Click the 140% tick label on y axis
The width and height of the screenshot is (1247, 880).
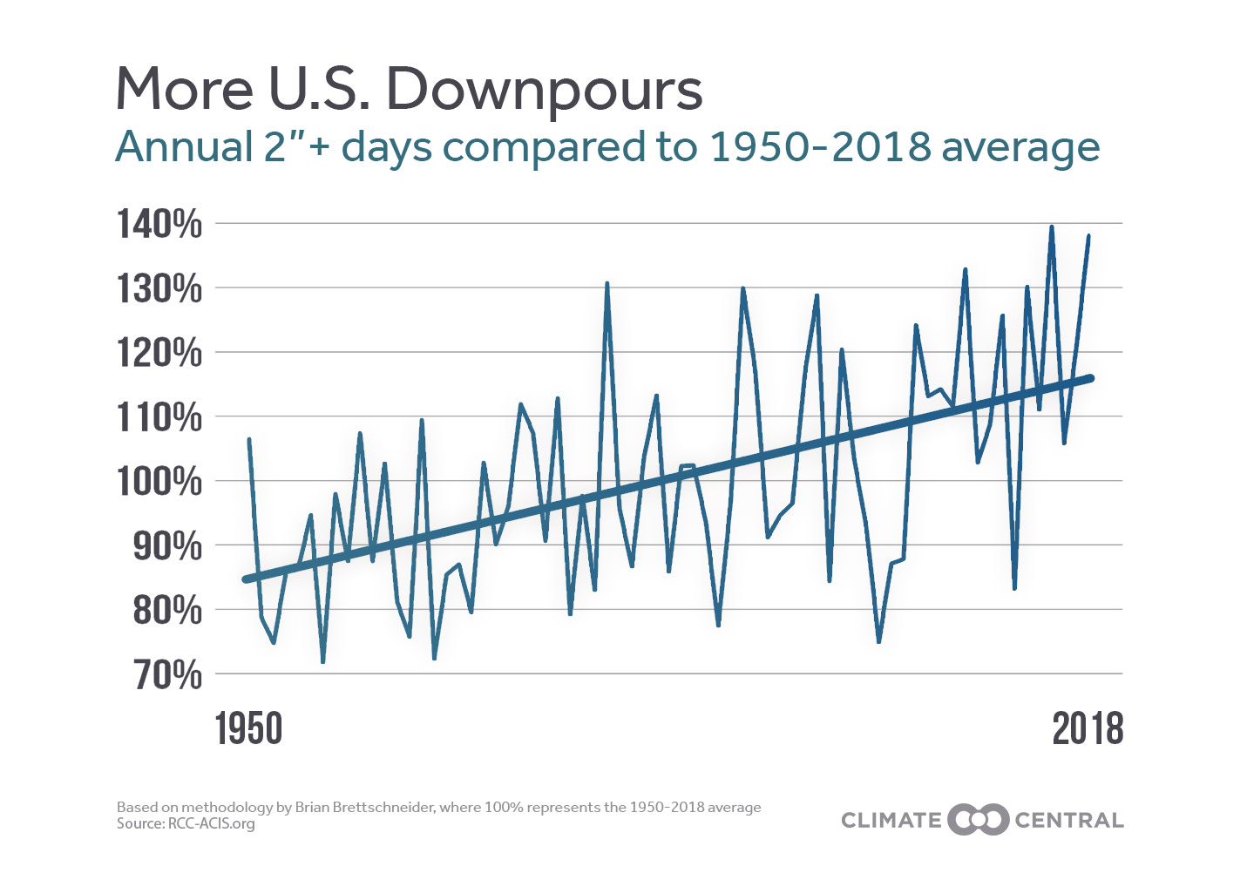tap(159, 224)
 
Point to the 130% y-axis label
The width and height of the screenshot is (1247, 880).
tap(159, 288)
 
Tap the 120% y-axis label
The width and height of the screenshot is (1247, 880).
tap(159, 353)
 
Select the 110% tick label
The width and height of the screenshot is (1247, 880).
tap(159, 417)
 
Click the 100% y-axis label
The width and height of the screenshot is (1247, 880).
tap(159, 481)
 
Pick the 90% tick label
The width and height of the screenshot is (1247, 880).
tap(166, 545)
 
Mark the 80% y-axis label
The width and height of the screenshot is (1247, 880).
tap(166, 610)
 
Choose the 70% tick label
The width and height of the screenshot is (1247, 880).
tap(166, 674)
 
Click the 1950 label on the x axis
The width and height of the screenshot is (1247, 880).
tap(249, 728)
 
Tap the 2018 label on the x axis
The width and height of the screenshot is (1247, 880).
tap(1088, 728)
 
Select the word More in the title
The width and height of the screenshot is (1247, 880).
tap(185, 89)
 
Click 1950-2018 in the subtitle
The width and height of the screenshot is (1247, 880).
tap(820, 146)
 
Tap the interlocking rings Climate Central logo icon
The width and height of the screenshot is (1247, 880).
tap(978, 820)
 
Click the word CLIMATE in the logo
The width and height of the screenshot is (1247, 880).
tap(891, 821)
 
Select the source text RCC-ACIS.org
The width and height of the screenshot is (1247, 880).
tap(211, 823)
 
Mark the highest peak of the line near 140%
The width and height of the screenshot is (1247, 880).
tap(1051, 227)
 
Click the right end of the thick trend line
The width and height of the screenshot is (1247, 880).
tap(1089, 378)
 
